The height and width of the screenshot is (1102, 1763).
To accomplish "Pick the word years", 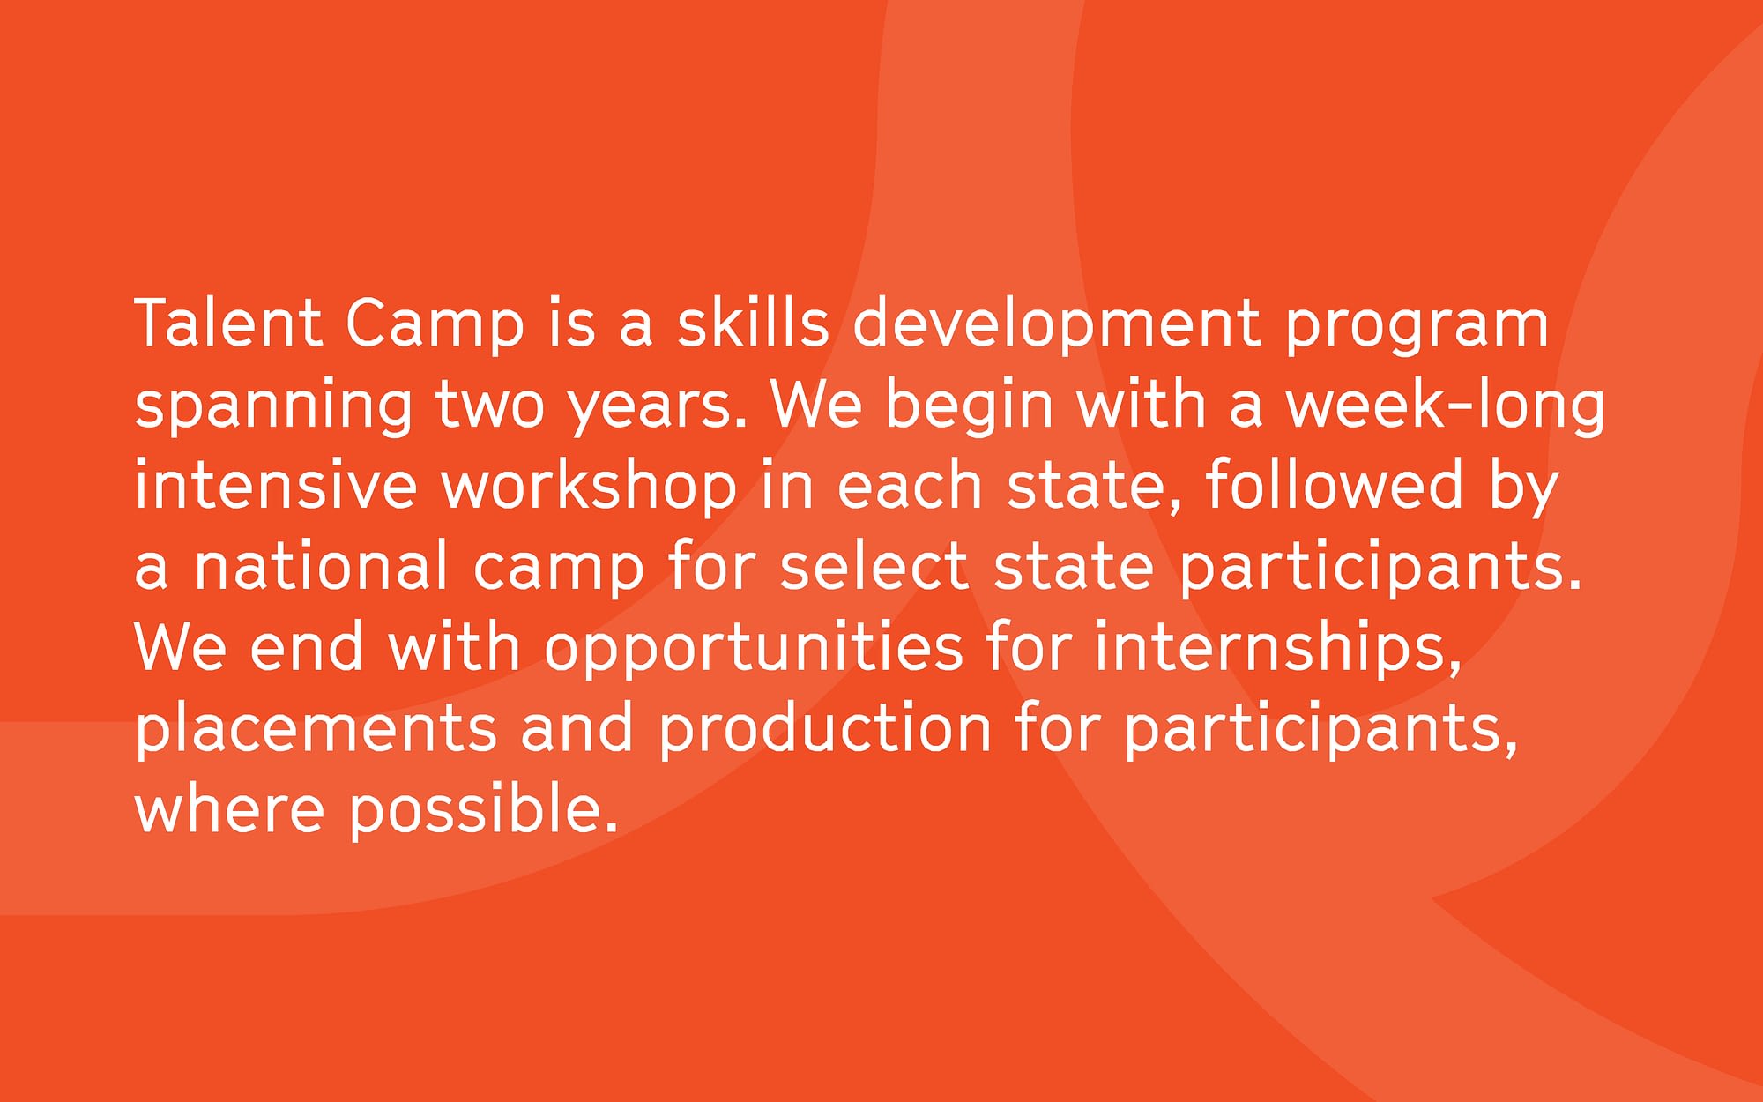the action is click(657, 408).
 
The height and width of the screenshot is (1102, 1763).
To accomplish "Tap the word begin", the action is click(970, 405).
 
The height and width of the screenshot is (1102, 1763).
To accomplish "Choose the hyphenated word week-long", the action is click(1445, 405).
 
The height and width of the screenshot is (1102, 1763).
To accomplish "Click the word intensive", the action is click(275, 484).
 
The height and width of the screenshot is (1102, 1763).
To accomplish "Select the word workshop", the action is click(588, 488).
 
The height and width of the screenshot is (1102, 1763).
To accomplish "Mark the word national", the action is click(321, 565).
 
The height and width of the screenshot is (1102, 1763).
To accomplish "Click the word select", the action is click(874, 565).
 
